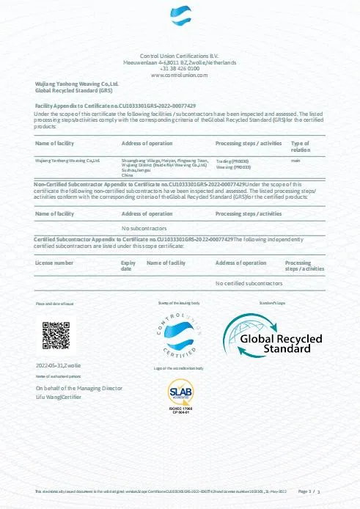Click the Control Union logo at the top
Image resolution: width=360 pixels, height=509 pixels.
179,18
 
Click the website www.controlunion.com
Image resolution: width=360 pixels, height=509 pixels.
179,76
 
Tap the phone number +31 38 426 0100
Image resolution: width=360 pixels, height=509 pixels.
179,69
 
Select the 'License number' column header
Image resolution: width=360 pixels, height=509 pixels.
54,262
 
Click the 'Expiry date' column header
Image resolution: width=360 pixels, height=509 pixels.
128,265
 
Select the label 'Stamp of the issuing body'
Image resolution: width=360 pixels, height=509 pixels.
179,302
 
